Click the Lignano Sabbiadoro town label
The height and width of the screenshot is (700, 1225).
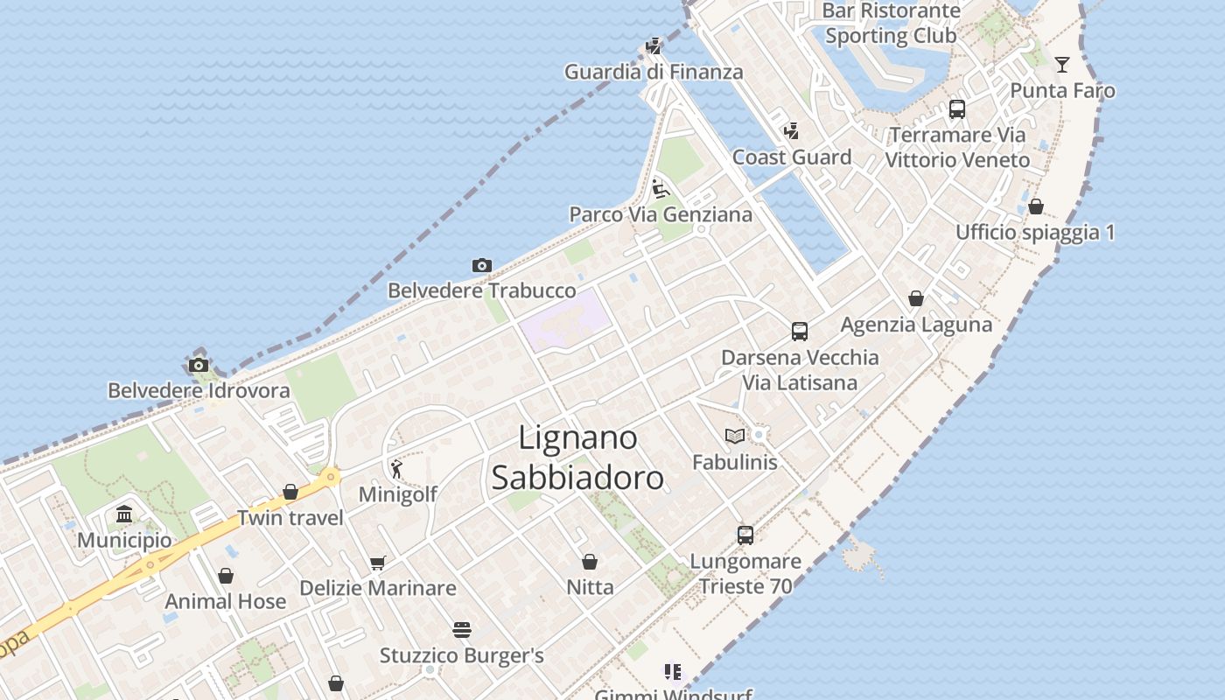point(577,457)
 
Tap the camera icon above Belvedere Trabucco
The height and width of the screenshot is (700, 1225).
point(481,265)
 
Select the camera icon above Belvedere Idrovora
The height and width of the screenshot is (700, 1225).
point(199,365)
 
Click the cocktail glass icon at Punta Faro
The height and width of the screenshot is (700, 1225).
point(1062,64)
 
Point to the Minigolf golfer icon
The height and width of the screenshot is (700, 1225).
point(396,470)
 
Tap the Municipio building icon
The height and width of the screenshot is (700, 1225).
point(124,514)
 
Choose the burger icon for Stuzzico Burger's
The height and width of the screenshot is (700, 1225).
point(462,630)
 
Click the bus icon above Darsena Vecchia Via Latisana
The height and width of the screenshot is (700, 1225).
point(800,332)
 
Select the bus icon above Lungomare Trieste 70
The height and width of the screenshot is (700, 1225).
point(745,535)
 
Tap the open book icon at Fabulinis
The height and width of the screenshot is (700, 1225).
point(734,436)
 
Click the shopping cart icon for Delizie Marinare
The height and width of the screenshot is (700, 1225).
point(377,563)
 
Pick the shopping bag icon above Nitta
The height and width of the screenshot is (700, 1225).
point(590,561)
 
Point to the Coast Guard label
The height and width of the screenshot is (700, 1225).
point(791,157)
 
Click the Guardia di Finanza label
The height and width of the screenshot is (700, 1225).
point(653,72)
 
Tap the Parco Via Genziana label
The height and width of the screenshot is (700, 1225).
point(660,214)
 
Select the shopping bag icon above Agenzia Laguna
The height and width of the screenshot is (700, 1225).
point(916,299)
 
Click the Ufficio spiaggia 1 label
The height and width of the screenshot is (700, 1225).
point(1035,233)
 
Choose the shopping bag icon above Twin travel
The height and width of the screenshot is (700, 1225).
point(290,493)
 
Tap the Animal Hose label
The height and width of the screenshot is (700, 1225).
point(225,601)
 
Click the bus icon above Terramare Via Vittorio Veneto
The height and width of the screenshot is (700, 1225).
point(957,109)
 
